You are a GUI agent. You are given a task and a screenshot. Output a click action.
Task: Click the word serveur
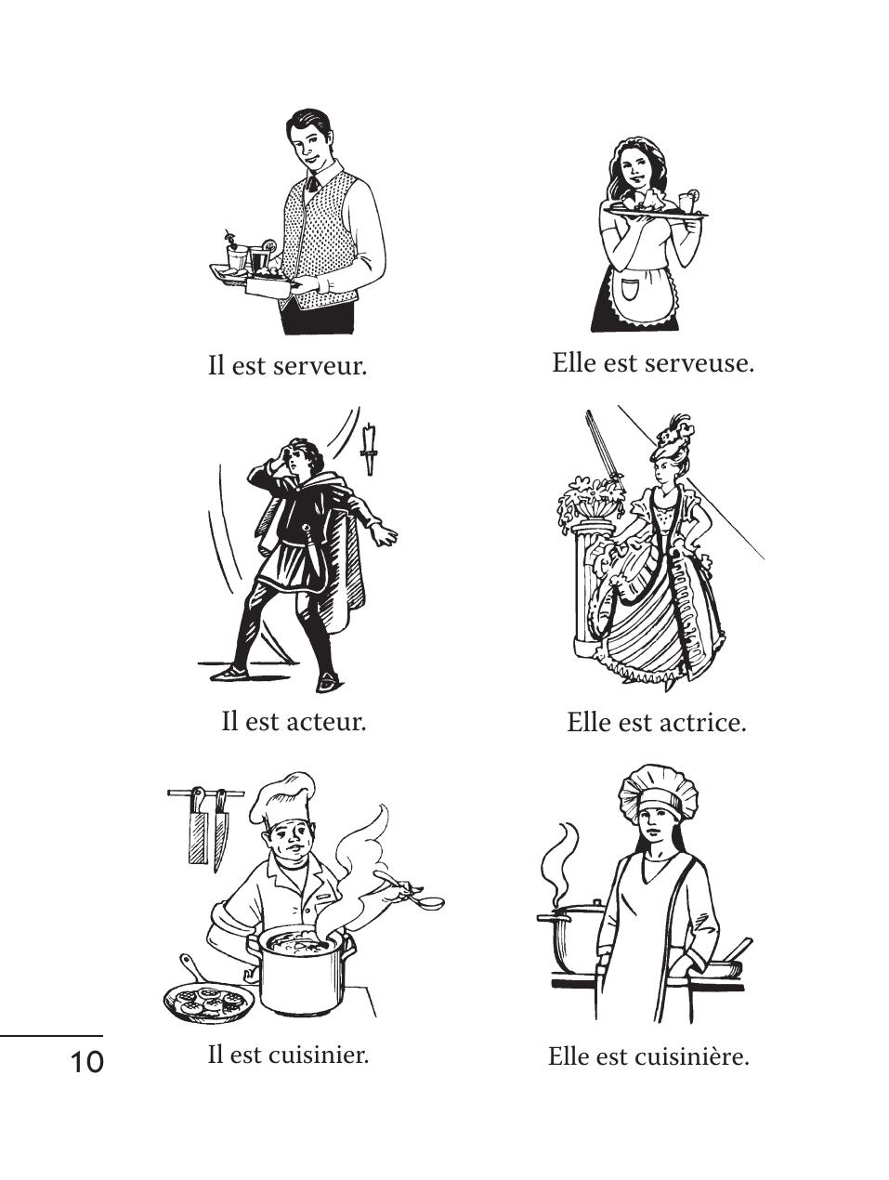320,367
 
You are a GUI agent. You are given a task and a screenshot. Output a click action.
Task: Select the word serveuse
699,364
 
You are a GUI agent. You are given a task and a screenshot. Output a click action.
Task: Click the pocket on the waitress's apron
630,289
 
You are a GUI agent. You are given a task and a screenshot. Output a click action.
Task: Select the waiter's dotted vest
320,241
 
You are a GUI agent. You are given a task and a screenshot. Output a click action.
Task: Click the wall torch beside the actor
369,449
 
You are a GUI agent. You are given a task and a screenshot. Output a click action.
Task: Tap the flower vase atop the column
590,498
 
